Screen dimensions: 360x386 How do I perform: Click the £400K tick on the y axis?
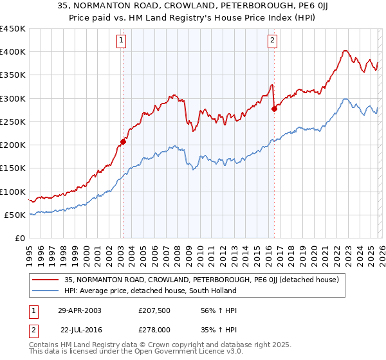(12, 52)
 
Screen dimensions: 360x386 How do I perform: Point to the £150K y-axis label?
(12, 168)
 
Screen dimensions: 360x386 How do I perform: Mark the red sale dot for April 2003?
(123, 141)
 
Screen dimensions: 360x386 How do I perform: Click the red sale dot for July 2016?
(274, 109)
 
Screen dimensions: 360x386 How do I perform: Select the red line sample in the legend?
(46, 280)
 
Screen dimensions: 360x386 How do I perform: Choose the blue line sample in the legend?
(46, 291)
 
